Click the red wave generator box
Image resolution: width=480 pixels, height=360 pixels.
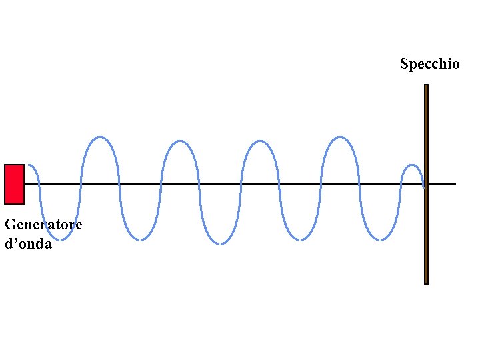pos(14,183)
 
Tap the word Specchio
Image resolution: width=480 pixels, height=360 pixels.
pos(429,64)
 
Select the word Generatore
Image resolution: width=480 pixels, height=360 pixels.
pos(43,225)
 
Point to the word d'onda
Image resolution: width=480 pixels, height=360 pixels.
pos(28,244)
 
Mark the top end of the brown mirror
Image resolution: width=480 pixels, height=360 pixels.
pos(426,86)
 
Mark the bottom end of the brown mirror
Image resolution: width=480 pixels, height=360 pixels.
pos(426,283)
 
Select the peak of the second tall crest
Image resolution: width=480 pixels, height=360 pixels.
pos(179,141)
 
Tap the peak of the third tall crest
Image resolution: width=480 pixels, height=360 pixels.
pos(259,141)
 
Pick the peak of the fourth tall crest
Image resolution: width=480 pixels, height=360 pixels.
pos(340,137)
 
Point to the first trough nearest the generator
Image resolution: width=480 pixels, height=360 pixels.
pos(60,239)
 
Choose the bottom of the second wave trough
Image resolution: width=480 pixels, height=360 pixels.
pos(140,240)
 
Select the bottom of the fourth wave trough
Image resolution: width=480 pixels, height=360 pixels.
pos(300,240)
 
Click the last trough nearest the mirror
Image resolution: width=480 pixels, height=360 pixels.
pos(380,240)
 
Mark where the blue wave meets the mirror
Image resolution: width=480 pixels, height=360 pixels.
pos(424,186)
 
